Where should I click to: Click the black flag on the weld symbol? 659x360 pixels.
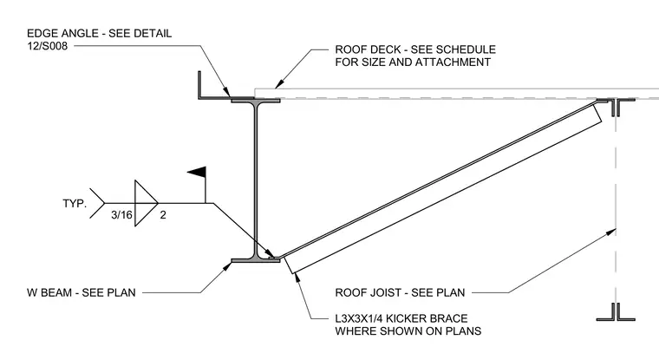198,172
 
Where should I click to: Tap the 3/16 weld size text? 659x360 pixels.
121,215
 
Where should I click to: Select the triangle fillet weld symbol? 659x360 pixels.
146,203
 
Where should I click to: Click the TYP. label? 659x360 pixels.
75,204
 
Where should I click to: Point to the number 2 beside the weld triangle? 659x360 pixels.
163,215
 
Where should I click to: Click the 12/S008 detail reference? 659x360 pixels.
48,46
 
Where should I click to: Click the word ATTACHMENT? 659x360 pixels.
453,62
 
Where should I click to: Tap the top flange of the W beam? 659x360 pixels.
256,101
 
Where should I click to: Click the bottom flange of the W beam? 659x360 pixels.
256,261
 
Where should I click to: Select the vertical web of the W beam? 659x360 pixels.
256,180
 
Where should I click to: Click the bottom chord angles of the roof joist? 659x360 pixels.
616,312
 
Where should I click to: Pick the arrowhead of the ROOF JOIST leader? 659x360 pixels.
612,232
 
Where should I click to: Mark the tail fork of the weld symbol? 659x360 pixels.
97,203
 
